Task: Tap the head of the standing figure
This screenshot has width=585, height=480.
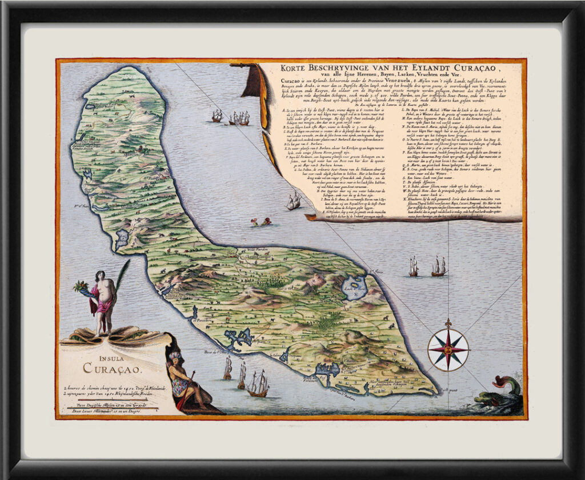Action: [x=101, y=276]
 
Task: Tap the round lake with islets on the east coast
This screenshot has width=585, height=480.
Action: [x=354, y=286]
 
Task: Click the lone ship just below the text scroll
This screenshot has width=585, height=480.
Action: [x=294, y=201]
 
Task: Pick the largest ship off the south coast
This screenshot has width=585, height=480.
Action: [x=258, y=383]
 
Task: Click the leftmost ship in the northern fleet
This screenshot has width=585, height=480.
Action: [x=217, y=116]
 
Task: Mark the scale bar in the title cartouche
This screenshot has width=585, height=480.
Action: [x=109, y=407]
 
